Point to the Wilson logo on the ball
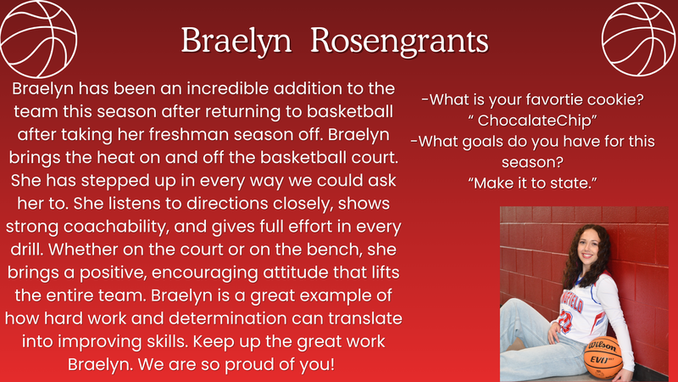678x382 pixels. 603,345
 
